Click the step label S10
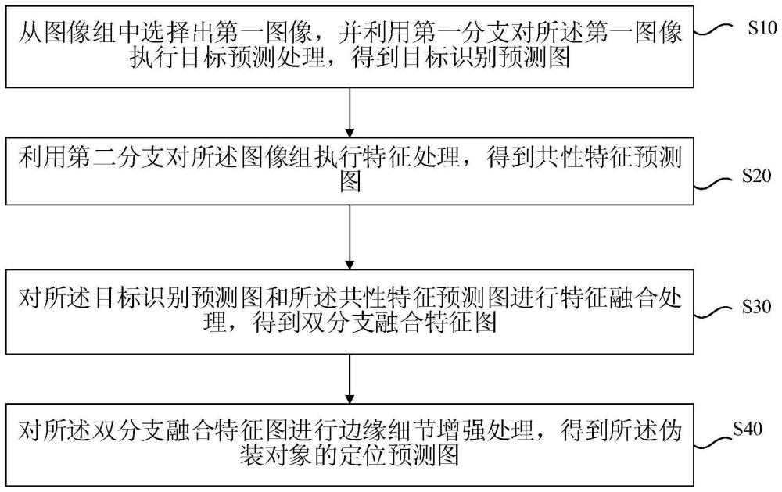(755, 31)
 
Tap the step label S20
(755, 176)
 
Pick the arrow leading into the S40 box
(350, 376)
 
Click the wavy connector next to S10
(712, 32)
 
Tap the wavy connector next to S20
(712, 184)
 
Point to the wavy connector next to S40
(712, 442)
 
